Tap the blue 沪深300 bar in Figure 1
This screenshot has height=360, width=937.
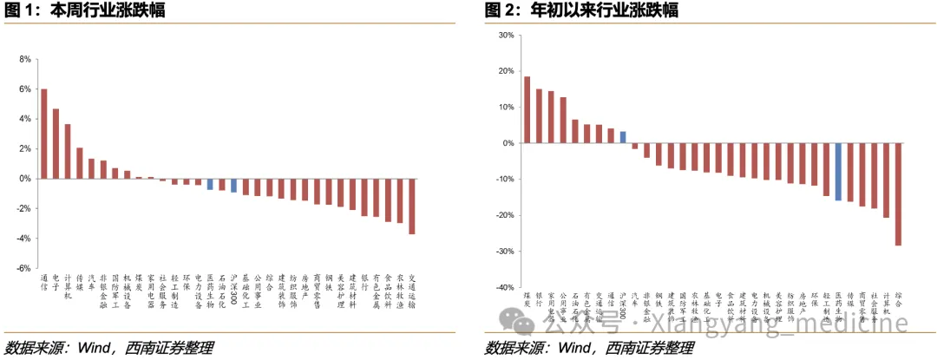tap(234, 186)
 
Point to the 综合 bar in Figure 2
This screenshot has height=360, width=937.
tap(898, 194)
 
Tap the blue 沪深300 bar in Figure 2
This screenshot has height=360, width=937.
tap(623, 137)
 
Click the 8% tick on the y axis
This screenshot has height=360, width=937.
tap(25, 60)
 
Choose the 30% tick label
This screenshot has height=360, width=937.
tap(506, 36)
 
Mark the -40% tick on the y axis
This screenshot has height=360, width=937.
tap(504, 287)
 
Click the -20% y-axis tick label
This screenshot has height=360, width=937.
tap(504, 215)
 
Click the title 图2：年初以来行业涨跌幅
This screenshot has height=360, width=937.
tap(581, 10)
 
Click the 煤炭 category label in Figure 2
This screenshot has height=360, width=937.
tap(527, 300)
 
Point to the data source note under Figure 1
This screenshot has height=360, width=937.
tap(108, 348)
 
